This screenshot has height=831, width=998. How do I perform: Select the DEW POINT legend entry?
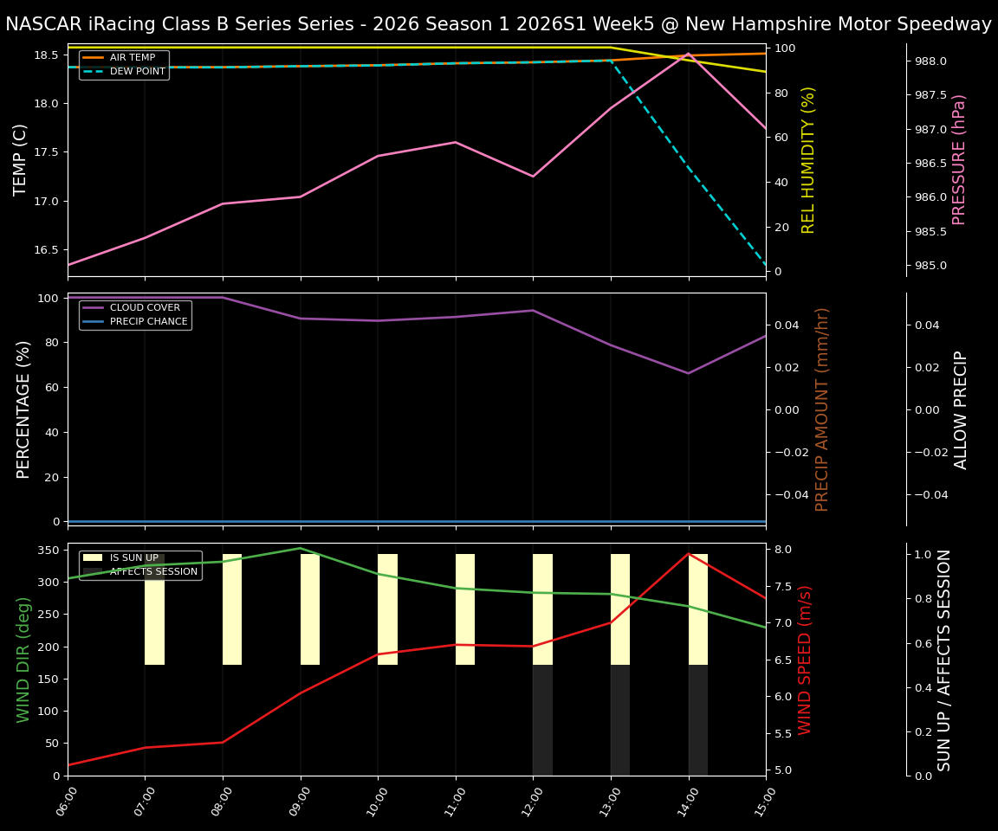(x=137, y=72)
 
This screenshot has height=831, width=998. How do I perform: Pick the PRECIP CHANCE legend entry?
(x=148, y=321)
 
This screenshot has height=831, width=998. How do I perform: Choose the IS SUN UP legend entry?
(x=133, y=558)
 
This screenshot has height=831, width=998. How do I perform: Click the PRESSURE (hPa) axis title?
(x=959, y=159)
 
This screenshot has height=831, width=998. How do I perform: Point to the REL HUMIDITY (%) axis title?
(x=809, y=159)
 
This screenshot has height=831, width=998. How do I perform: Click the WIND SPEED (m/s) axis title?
(x=806, y=660)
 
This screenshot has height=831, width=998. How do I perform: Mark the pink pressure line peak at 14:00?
(x=689, y=54)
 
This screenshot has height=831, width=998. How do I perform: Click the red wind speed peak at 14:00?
(x=689, y=554)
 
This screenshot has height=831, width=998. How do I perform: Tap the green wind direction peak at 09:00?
(x=301, y=548)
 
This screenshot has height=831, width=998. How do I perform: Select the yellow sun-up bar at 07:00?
(x=154, y=609)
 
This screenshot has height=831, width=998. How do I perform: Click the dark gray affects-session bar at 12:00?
(x=542, y=720)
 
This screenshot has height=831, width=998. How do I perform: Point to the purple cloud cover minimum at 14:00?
(x=689, y=373)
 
